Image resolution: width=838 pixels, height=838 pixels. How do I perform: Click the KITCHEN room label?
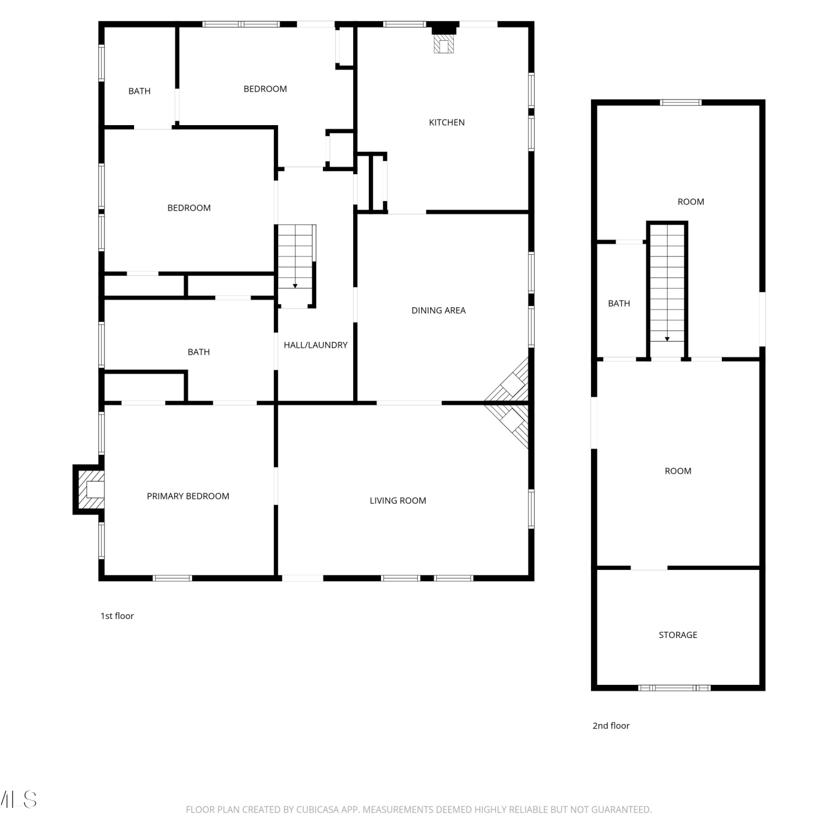coord(446,122)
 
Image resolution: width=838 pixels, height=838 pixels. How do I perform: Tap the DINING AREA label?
coord(439,311)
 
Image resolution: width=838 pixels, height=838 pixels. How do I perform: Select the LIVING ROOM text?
coord(398,501)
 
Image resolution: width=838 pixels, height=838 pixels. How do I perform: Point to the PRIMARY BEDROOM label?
coord(188,496)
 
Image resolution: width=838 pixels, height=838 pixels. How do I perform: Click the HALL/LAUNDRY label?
coord(316,345)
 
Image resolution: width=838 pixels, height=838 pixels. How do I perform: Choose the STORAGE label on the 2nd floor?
coord(678,635)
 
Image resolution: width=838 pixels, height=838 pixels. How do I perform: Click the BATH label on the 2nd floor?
coord(619,303)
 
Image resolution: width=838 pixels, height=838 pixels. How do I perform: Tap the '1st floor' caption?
coord(117,616)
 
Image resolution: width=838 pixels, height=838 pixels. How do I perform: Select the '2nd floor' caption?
coord(611,726)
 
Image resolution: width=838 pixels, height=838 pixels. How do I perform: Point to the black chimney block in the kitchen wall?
coord(445,28)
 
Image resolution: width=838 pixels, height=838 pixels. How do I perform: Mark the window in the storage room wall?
coord(674,688)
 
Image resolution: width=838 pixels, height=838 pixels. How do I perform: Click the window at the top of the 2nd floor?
coord(680,102)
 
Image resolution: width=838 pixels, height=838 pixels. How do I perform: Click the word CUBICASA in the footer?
coord(317,810)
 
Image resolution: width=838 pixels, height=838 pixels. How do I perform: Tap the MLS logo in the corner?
coord(18,799)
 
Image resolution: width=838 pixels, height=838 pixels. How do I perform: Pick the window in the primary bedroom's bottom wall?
coord(173,578)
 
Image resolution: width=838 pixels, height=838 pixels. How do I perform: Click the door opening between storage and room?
coord(649,568)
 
